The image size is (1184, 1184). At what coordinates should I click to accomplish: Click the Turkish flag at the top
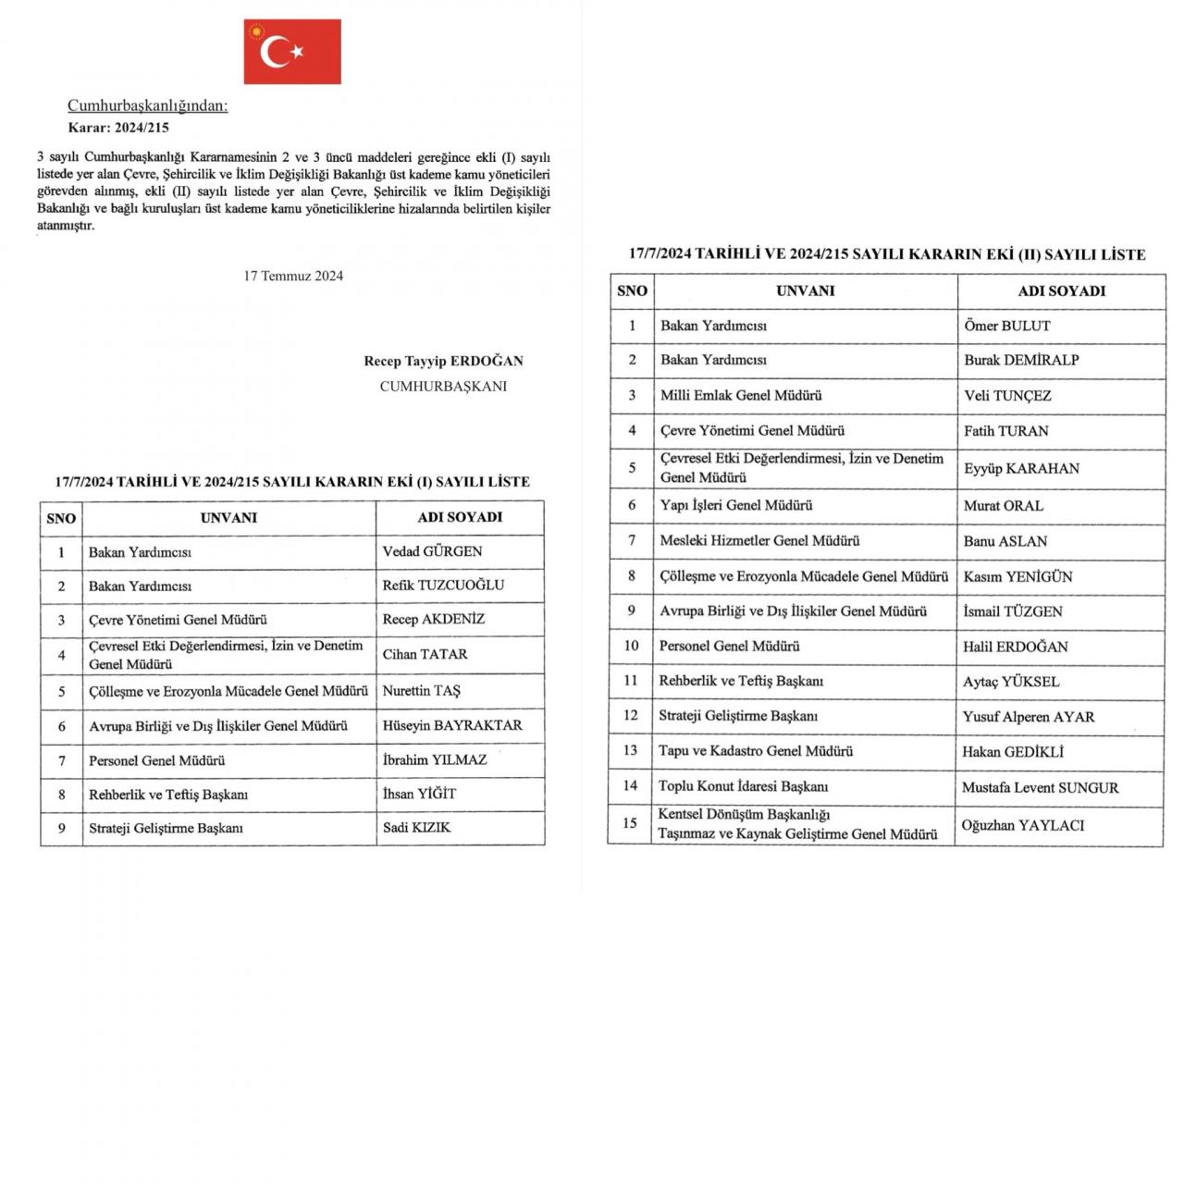point(292,52)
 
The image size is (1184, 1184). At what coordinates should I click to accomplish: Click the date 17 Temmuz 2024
point(293,276)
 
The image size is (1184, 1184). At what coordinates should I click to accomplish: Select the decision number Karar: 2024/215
point(118,129)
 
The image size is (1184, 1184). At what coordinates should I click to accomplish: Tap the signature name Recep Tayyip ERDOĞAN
point(444,362)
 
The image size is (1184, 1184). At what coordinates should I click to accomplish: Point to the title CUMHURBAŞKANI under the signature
point(443,387)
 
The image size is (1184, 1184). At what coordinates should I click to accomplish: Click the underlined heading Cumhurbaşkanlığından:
point(148,106)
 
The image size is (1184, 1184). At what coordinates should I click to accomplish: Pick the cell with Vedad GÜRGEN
point(433,551)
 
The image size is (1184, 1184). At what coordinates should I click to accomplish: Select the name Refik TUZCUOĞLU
point(443,586)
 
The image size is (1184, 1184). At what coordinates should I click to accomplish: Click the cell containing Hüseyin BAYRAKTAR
point(452,726)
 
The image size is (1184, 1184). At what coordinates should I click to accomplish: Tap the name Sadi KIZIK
point(417,828)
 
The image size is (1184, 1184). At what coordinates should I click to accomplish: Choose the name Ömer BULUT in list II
point(1007,326)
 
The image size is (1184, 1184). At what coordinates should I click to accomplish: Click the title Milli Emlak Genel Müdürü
point(741,396)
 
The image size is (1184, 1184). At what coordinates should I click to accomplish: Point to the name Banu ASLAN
point(1005,541)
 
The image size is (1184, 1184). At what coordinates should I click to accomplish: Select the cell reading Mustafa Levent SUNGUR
point(1040,788)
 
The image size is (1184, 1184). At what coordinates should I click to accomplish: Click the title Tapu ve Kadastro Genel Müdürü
point(756,751)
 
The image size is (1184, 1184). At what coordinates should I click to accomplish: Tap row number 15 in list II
point(630,823)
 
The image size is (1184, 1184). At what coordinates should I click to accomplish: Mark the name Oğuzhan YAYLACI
point(1022,825)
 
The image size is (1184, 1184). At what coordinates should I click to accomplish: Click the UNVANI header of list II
point(805,290)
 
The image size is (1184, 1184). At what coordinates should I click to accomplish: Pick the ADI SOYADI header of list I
point(460,517)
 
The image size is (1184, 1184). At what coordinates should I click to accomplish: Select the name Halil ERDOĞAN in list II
point(1015,647)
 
